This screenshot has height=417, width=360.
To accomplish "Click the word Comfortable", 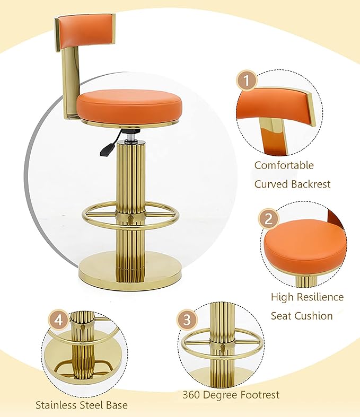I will click(284, 165).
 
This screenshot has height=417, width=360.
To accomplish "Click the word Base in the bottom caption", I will click(116, 405).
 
